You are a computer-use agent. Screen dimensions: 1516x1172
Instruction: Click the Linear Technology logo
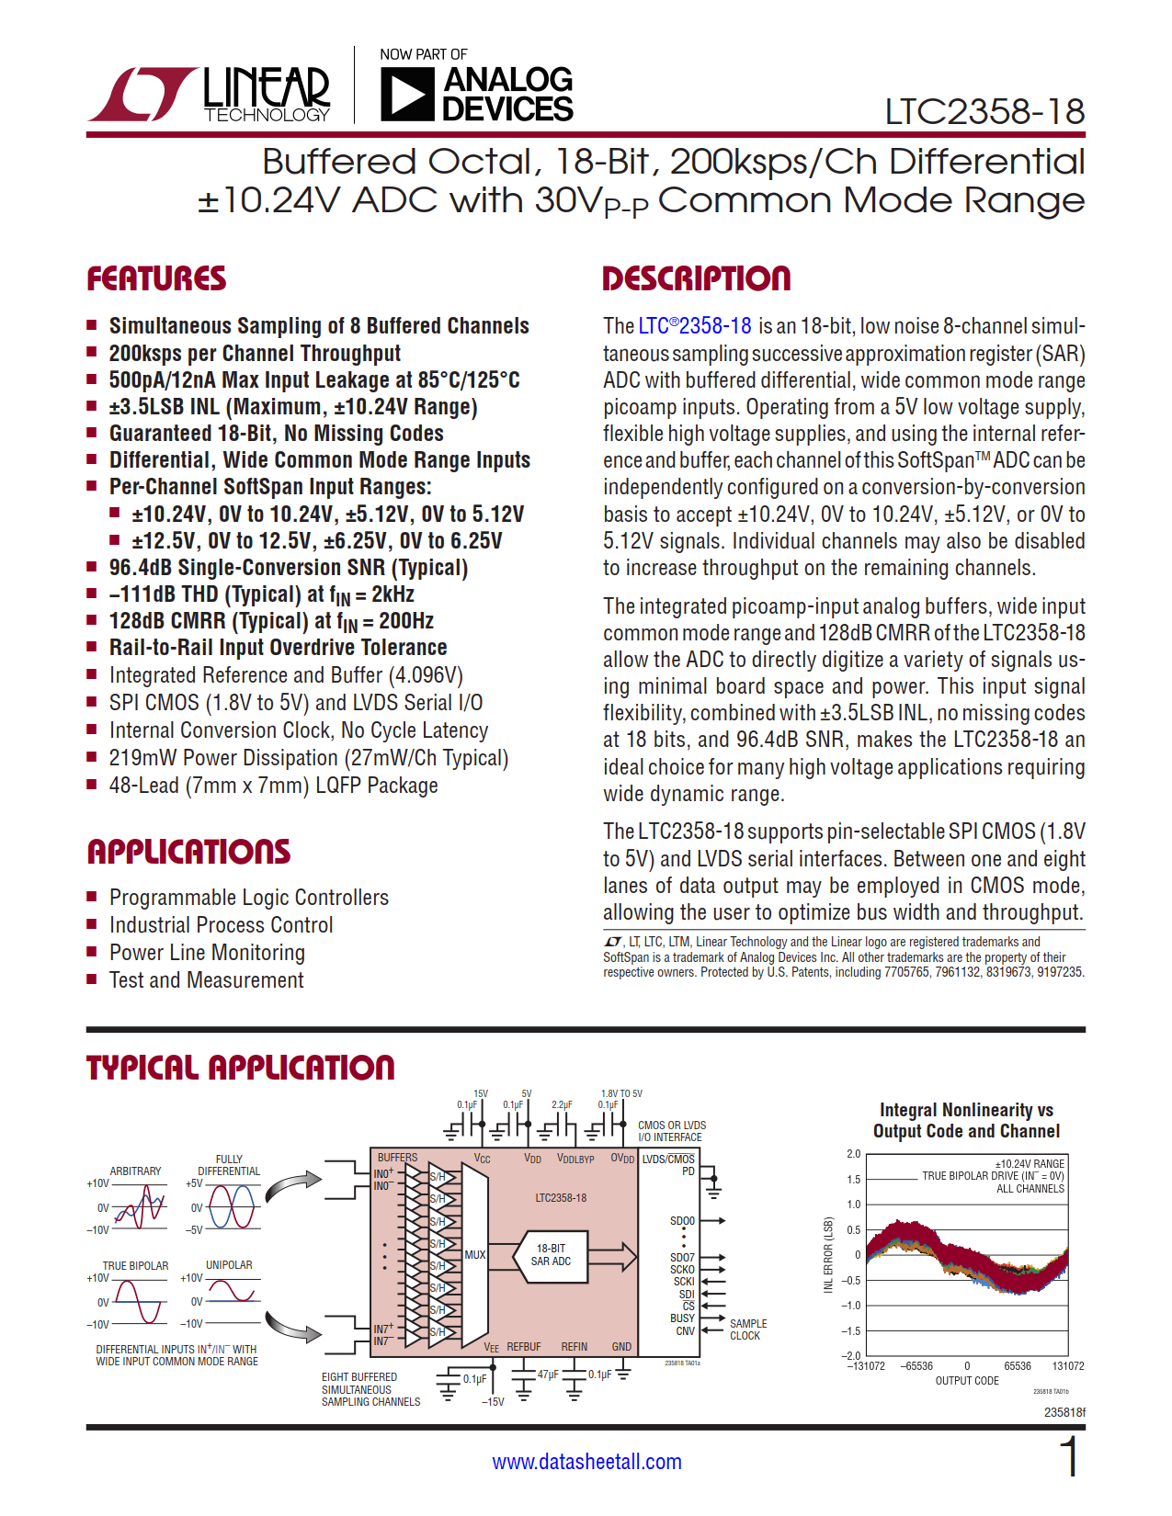coord(210,94)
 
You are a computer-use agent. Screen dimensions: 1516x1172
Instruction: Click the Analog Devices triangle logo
coord(406,94)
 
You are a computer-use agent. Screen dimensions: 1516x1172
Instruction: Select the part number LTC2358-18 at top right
coord(984,112)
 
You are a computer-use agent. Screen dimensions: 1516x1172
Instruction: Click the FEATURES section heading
coord(156,279)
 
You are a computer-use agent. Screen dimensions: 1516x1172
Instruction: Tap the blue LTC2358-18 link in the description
coord(695,326)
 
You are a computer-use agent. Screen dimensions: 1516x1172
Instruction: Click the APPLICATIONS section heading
coord(188,852)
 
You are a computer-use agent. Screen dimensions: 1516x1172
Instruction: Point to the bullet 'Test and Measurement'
coord(206,980)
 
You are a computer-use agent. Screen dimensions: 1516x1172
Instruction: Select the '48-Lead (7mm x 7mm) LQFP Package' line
coord(273,786)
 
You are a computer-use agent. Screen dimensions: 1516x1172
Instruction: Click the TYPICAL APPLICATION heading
coord(240,1068)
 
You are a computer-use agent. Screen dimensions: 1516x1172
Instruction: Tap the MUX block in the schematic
coord(474,1254)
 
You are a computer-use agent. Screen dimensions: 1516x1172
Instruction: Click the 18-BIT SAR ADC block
coord(551,1255)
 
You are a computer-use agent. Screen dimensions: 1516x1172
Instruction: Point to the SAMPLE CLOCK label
coord(747,1329)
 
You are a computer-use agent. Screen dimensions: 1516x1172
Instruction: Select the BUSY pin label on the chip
coord(682,1318)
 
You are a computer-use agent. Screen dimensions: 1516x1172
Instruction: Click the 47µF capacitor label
coord(548,1375)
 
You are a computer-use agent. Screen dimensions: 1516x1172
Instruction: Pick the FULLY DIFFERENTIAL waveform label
coord(229,1165)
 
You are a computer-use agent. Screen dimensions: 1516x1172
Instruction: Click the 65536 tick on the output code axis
coord(1017,1366)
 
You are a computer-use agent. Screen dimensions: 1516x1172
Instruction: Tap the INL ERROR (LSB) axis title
coord(828,1255)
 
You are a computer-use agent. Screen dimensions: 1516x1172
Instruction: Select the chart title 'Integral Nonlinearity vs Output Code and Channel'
coord(966,1121)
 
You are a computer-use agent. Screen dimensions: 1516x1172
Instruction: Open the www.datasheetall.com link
coord(586,1462)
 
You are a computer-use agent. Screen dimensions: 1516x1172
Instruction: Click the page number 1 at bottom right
coord(1069,1457)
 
